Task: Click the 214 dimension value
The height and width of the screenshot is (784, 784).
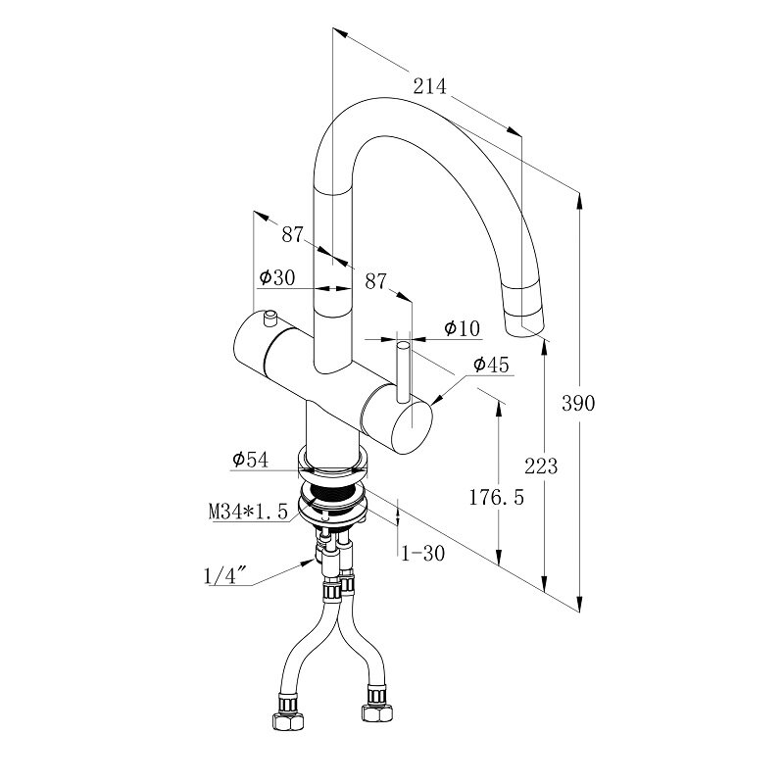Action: pos(428,87)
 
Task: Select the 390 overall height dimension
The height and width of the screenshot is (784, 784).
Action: pos(579,403)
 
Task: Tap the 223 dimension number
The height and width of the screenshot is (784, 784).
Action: pos(541,465)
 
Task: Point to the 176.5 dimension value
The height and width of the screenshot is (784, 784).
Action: pos(498,497)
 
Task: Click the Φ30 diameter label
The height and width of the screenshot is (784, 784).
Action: pos(277,277)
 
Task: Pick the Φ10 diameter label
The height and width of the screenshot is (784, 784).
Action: pos(462,327)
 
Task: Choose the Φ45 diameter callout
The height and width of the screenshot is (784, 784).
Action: pos(491,365)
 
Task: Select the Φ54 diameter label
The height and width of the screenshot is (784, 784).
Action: pos(250,459)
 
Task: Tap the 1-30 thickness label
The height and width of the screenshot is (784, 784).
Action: pos(423,553)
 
